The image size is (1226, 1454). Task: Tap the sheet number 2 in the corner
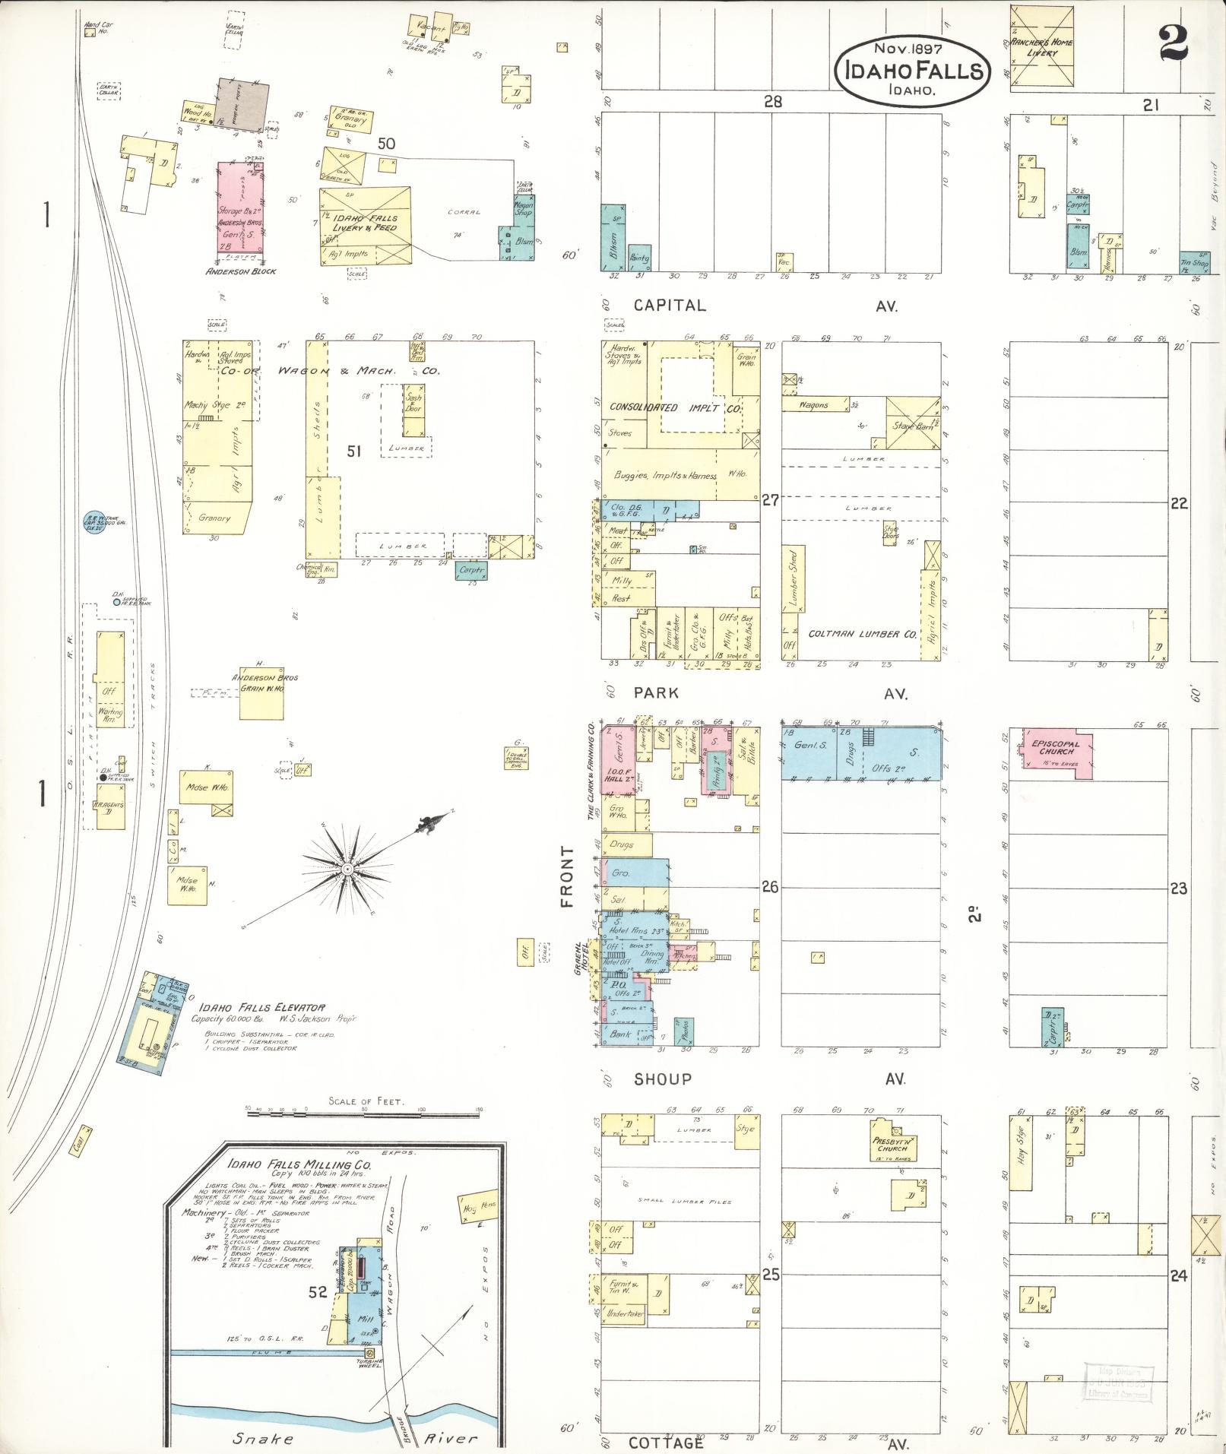(x=1174, y=43)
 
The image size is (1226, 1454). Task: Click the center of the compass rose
(x=347, y=868)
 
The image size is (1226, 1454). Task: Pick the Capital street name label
(x=670, y=306)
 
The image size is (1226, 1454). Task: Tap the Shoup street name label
(x=664, y=1079)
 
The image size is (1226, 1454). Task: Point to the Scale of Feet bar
(x=364, y=1110)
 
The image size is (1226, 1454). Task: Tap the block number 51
(x=353, y=451)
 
